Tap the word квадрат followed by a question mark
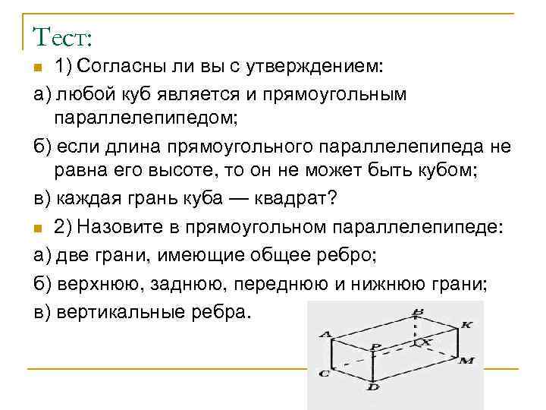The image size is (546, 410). pyautogui.click(x=293, y=199)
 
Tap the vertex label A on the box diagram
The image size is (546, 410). pyautogui.click(x=325, y=333)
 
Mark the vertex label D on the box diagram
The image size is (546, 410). pyautogui.click(x=373, y=387)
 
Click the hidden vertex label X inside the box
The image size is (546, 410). pyautogui.click(x=426, y=342)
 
